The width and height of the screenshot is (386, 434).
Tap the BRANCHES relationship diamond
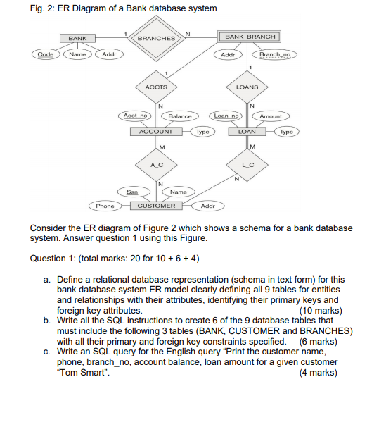[x=156, y=37]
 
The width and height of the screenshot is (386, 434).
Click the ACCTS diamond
[x=156, y=87]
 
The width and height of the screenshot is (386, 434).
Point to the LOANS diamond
[x=247, y=87]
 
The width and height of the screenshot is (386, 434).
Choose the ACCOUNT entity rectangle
[x=156, y=132]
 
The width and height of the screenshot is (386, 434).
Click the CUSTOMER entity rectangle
[x=156, y=206]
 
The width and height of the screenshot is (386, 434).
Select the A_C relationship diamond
[x=156, y=163]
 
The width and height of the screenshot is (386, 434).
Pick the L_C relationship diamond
[x=247, y=163]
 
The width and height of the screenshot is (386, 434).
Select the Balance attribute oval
[x=180, y=116]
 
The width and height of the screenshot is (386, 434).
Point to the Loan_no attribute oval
[x=226, y=116]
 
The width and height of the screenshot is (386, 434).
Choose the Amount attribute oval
[x=271, y=116]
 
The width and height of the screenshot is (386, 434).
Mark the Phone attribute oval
[x=105, y=206]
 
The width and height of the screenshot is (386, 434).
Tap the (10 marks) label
[x=321, y=310]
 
